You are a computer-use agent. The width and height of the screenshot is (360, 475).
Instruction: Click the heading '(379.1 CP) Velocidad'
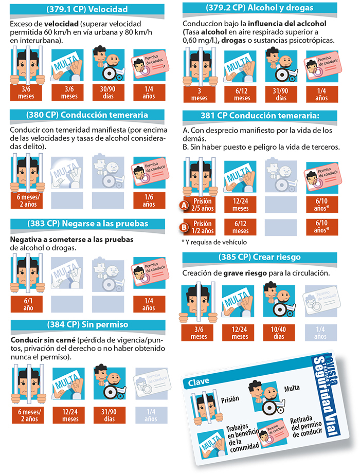pos(87,9)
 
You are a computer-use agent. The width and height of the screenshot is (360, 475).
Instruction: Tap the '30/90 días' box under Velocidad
pos(108,93)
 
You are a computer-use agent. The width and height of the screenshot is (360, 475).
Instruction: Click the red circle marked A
pos(184,206)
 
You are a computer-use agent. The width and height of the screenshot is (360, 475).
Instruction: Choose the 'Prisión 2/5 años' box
pos(201,205)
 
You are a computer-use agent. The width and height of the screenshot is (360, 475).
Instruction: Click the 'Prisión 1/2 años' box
pos(201,227)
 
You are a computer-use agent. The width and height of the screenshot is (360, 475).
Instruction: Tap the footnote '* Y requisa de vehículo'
pos(214,242)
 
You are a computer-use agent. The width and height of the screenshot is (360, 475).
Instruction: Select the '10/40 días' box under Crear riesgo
pos(279,333)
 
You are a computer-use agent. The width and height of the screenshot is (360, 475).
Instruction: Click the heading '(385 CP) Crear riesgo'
pos(259,257)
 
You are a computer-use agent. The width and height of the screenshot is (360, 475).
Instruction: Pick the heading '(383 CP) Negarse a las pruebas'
pos(87,224)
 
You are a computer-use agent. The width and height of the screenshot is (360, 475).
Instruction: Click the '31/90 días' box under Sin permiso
pos(110,415)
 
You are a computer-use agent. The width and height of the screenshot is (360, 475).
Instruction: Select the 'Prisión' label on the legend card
pos(230,399)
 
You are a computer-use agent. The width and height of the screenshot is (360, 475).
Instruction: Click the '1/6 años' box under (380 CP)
pos(149,200)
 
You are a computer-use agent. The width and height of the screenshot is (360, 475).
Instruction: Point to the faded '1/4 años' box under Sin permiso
pos(151,415)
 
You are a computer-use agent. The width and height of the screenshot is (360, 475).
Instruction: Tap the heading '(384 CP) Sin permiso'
pos(87,325)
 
